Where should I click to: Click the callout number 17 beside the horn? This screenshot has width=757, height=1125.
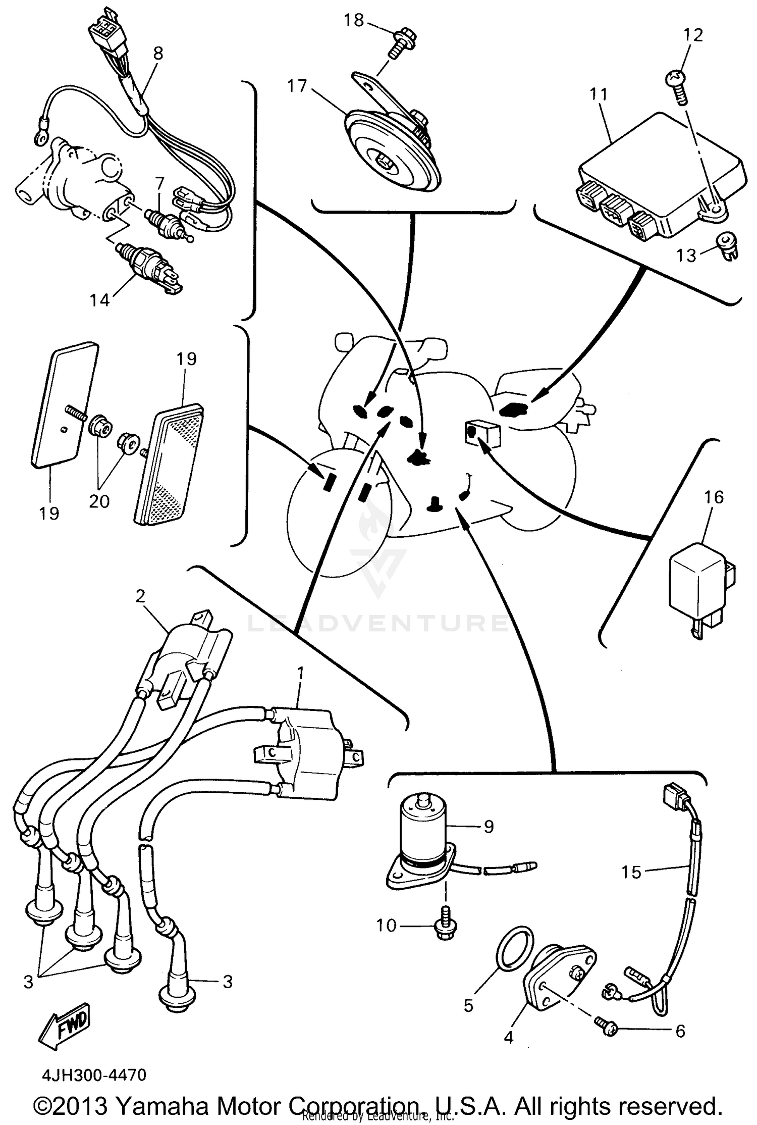297,86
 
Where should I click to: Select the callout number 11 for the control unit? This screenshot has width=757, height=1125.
599,94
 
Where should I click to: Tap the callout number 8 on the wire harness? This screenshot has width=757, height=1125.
158,54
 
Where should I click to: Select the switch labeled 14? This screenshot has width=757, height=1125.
149,268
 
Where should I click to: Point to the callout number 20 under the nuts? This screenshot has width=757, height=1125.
99,501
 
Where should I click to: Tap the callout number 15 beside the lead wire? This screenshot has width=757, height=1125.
631,872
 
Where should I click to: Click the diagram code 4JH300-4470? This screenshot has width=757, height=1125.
94,1075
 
